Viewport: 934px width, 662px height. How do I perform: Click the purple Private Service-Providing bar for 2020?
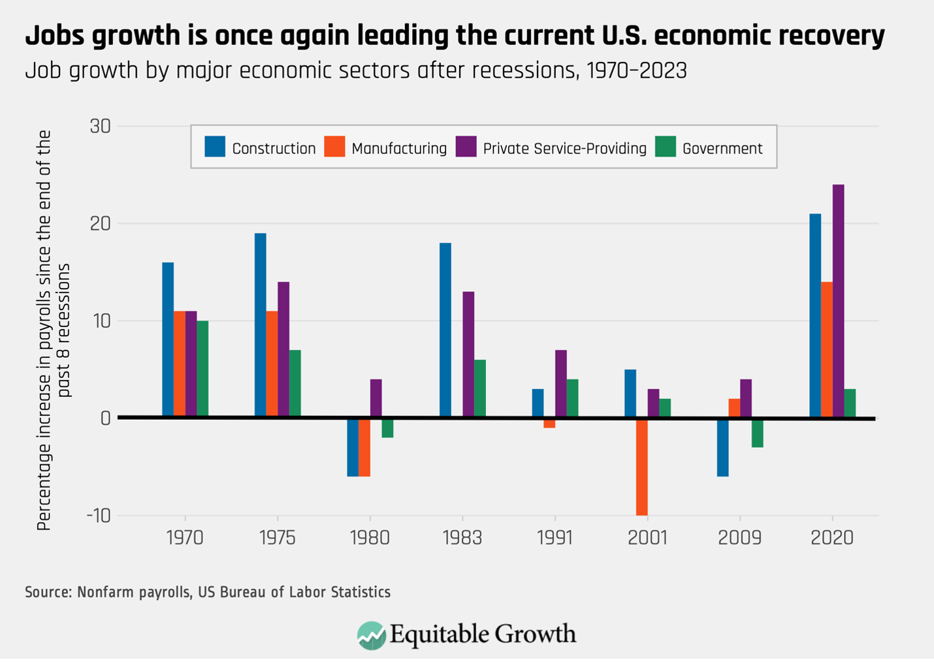coord(838,301)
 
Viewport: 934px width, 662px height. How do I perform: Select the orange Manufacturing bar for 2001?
coord(641,466)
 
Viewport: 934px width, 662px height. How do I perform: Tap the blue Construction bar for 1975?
coord(261,325)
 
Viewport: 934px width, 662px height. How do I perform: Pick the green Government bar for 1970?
coord(202,369)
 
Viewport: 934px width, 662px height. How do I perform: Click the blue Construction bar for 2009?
coord(722,447)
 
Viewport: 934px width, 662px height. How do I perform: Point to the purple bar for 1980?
coord(376,398)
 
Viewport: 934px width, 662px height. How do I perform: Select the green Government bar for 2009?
coord(757,432)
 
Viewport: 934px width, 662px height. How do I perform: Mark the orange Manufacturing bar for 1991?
coord(549,423)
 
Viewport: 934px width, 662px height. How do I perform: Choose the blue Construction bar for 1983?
coord(445,330)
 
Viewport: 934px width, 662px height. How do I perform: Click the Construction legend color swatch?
coord(215,147)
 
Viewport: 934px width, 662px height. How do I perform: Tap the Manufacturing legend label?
coord(398,149)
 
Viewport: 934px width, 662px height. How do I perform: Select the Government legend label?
coord(722,149)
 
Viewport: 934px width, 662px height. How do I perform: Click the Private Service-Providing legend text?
coord(564,149)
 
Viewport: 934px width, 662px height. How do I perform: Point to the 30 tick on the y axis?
coord(100,127)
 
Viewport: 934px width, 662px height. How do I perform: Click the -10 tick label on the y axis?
coord(98,516)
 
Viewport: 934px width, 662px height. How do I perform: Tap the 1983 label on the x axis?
coord(462,538)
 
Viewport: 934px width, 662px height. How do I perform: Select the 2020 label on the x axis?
coord(832,538)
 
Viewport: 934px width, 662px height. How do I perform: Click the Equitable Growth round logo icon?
coord(371,635)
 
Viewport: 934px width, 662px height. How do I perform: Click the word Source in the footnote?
coord(47,592)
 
